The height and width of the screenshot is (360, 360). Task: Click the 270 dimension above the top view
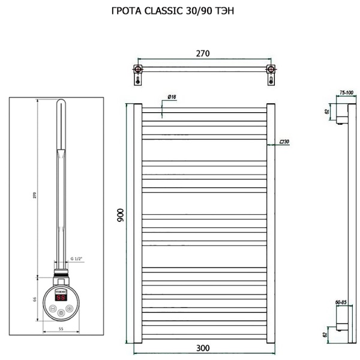[x=203, y=54]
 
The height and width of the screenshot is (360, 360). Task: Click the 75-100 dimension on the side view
[x=346, y=93]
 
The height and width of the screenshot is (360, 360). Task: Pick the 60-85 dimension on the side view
[x=341, y=303]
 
